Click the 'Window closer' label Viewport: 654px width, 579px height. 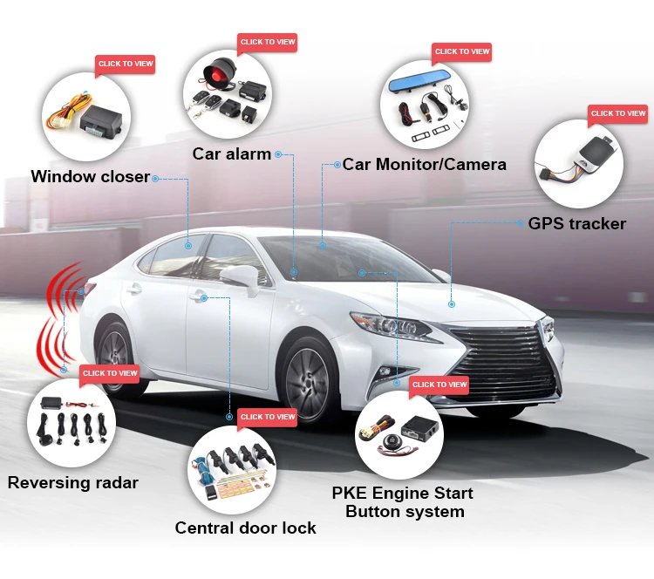91,177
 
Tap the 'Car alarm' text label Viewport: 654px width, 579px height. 231,154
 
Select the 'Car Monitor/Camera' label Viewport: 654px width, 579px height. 424,164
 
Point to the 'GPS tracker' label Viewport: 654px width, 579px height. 576,223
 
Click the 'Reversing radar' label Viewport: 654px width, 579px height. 73,482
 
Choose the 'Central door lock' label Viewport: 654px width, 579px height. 245,528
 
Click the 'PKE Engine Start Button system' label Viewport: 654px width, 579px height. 403,502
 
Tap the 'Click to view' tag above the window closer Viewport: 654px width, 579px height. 126,64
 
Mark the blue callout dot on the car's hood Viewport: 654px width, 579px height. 452,304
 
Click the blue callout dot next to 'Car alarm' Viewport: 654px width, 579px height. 278,154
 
